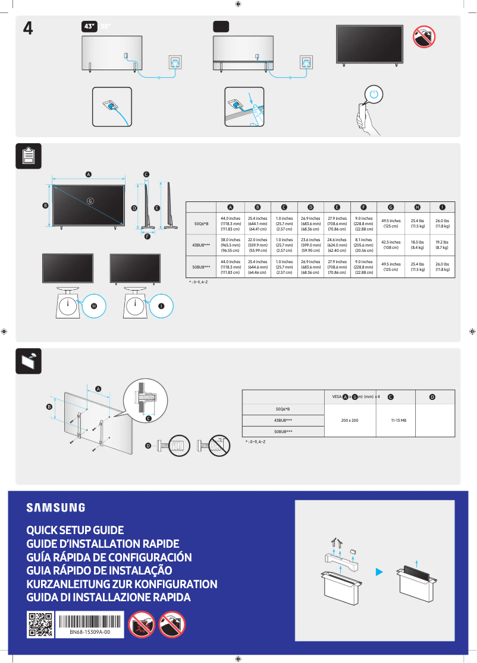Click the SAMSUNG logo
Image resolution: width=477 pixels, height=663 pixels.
(x=55, y=508)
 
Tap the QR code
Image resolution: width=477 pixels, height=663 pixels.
(x=40, y=624)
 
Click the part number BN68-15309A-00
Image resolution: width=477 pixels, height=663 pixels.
(x=90, y=633)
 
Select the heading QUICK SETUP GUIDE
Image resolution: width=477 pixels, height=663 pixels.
(x=75, y=530)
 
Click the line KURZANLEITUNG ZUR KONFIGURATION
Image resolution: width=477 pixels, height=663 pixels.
(x=122, y=584)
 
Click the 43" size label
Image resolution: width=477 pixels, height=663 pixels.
(x=89, y=26)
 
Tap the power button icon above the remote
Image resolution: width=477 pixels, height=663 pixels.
(x=373, y=94)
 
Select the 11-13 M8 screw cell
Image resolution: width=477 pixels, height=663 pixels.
(x=398, y=420)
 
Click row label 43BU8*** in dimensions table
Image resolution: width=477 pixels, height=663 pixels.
(x=200, y=245)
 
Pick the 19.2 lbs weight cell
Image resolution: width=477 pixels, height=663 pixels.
(x=442, y=245)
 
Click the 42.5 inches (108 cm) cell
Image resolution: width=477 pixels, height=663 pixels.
(x=390, y=245)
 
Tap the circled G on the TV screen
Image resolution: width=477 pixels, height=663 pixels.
(x=90, y=200)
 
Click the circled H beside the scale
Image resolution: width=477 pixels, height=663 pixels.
(x=94, y=305)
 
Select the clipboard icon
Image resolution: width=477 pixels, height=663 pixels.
(x=28, y=156)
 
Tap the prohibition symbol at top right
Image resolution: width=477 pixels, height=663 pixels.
(x=424, y=36)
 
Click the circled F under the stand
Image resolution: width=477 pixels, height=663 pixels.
(x=146, y=236)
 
